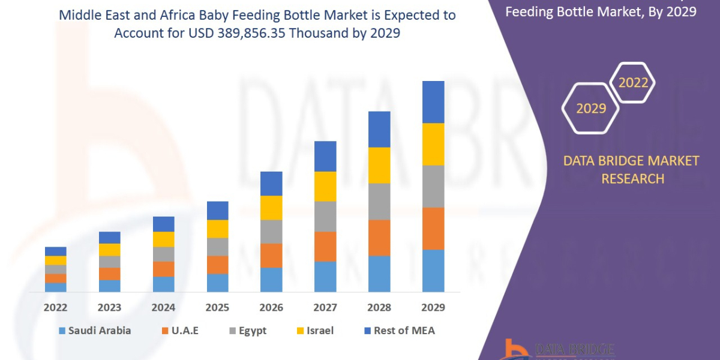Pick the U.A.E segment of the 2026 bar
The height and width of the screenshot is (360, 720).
pos(271,255)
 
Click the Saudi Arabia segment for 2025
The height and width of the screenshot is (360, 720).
pos(217,283)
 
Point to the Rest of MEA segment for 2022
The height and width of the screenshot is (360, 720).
pos(56,251)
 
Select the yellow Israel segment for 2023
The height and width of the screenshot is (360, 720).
pos(110,250)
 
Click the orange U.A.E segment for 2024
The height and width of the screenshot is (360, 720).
pos(164,269)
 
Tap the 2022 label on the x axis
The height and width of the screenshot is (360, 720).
pos(56,307)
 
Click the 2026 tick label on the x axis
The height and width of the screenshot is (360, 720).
pos(271,307)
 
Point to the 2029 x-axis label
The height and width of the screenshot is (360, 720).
pos(433,307)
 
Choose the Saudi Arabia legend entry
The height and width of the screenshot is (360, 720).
pos(95,331)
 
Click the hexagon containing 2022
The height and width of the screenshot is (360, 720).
pos(633,83)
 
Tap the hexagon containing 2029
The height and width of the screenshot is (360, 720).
pos(591,109)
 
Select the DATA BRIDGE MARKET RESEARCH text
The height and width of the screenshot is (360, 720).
pos(632,169)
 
